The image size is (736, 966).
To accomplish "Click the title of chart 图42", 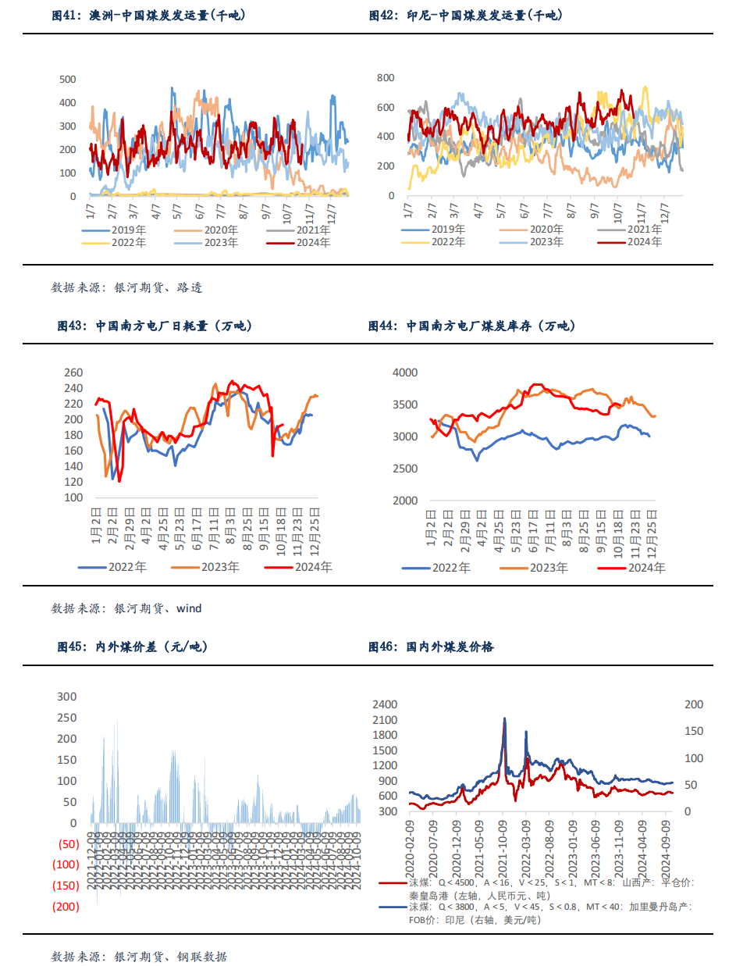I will (x=465, y=16).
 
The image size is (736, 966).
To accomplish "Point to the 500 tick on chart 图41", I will (x=68, y=79).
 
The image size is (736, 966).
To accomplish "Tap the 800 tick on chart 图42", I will (x=386, y=77).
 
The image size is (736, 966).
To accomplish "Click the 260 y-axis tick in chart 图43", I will (x=73, y=372).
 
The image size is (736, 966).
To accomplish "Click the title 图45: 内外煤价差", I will (x=133, y=647).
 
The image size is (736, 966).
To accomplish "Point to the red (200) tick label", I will (x=66, y=907).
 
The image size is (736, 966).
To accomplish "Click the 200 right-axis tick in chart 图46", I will (x=693, y=704).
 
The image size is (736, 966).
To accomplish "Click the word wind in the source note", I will (x=189, y=608).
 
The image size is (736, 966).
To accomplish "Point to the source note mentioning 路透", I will (x=126, y=287).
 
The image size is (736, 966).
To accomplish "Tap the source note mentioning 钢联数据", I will (x=139, y=956).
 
